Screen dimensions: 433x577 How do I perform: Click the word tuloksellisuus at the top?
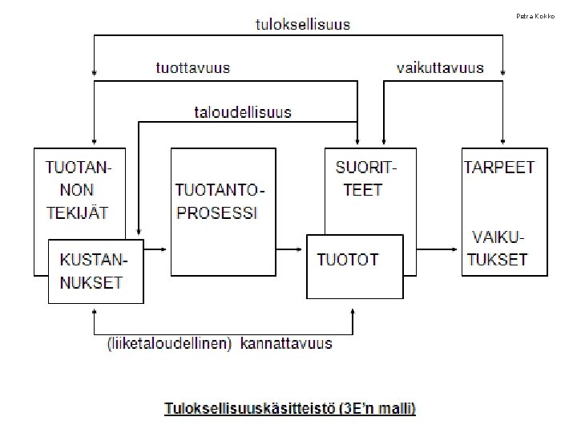303,25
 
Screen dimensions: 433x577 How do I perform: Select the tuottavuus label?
192,68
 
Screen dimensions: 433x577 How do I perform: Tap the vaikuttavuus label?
440,68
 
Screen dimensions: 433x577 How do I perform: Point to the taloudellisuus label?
243,112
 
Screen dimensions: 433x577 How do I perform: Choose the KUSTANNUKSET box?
95,271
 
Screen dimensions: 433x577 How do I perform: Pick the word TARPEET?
499,168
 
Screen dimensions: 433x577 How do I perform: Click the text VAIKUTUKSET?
498,248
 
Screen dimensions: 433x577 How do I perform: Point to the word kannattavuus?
286,344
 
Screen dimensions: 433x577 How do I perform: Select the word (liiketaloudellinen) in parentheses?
168,344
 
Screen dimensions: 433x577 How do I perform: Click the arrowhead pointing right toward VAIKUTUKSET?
456,249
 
